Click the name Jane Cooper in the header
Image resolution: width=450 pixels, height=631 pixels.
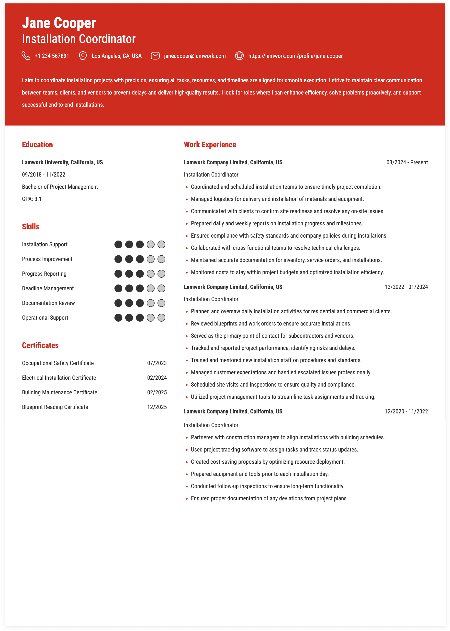[x=59, y=23]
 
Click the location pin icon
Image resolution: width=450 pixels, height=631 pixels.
[x=83, y=56]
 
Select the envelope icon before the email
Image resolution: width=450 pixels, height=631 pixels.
[x=155, y=56]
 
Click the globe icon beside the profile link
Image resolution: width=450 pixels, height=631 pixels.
[x=239, y=56]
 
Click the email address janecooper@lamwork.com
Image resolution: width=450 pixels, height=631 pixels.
[x=195, y=56]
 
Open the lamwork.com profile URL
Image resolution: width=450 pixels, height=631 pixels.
[x=295, y=56]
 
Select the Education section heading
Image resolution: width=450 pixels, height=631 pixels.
[x=37, y=145]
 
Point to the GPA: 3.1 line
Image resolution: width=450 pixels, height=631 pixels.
[x=32, y=199]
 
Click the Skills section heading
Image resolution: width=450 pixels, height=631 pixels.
[x=31, y=227]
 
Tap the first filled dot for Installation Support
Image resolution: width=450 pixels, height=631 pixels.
[x=118, y=244]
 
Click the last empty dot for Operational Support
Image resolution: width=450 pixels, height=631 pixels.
[x=161, y=318]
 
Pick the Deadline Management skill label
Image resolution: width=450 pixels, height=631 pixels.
[x=48, y=289]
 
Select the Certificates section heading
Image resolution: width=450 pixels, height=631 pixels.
[x=40, y=346]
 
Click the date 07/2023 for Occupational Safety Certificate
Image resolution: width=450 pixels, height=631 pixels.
[x=157, y=363]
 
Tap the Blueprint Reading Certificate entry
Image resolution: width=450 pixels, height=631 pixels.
[x=55, y=407]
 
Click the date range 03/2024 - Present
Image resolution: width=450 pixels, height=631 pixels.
[x=407, y=162]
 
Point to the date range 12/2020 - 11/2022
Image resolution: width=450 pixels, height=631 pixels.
[x=406, y=412]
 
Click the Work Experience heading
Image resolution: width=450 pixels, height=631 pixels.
[x=210, y=145]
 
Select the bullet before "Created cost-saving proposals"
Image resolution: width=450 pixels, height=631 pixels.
[x=187, y=462]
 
